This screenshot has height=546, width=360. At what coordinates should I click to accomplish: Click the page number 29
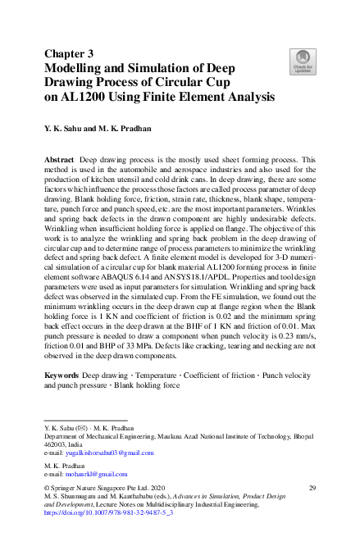point(311,489)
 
